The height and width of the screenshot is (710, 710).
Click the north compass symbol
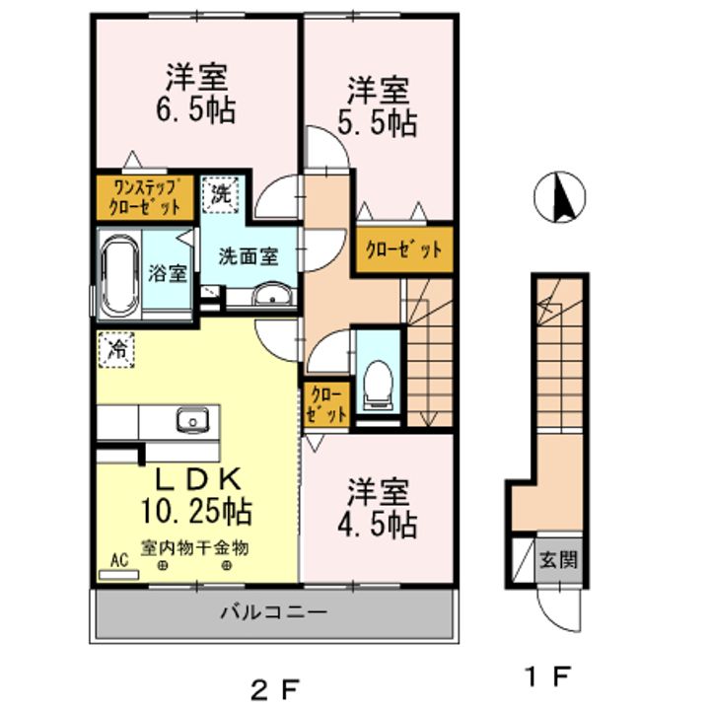[x=559, y=197]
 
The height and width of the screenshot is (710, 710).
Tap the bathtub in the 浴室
[x=119, y=274]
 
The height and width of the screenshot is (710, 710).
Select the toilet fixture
[x=376, y=383]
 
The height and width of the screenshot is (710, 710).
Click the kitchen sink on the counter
[x=191, y=421]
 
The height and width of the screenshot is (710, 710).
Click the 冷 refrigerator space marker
[x=116, y=348]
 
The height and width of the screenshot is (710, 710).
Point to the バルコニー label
[x=273, y=611]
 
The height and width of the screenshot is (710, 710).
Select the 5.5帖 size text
[x=380, y=122]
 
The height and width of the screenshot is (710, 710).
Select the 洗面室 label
[x=247, y=255]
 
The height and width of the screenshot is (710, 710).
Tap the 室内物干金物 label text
[x=194, y=545]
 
